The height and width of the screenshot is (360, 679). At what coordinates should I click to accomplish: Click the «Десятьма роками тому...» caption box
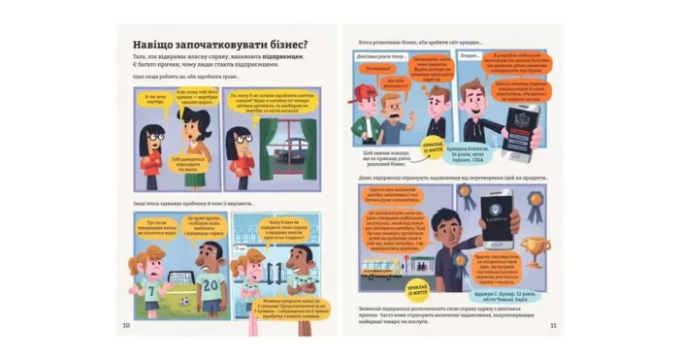pyautogui.click(x=373, y=56)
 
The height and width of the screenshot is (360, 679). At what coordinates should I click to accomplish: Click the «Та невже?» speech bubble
pyautogui.click(x=372, y=69)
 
